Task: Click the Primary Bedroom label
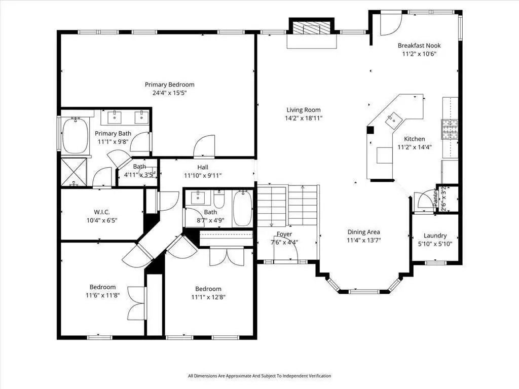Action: (x=169, y=85)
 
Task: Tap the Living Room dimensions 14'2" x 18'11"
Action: (x=304, y=118)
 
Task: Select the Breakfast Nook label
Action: (x=419, y=46)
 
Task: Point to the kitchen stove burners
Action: (x=450, y=129)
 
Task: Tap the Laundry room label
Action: (x=435, y=236)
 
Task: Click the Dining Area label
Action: (x=363, y=232)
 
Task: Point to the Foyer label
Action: (x=284, y=234)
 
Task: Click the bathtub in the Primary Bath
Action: (x=76, y=135)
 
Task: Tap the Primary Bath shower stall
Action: (x=74, y=172)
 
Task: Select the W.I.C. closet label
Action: (x=102, y=212)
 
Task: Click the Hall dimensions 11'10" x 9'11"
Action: (x=203, y=176)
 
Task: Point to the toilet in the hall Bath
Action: (x=219, y=199)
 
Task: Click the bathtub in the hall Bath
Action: (x=243, y=208)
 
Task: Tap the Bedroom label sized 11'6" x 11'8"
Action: (x=102, y=287)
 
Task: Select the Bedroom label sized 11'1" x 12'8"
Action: (x=208, y=289)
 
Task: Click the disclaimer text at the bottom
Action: (x=259, y=376)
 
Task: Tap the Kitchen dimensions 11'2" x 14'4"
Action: (x=415, y=147)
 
